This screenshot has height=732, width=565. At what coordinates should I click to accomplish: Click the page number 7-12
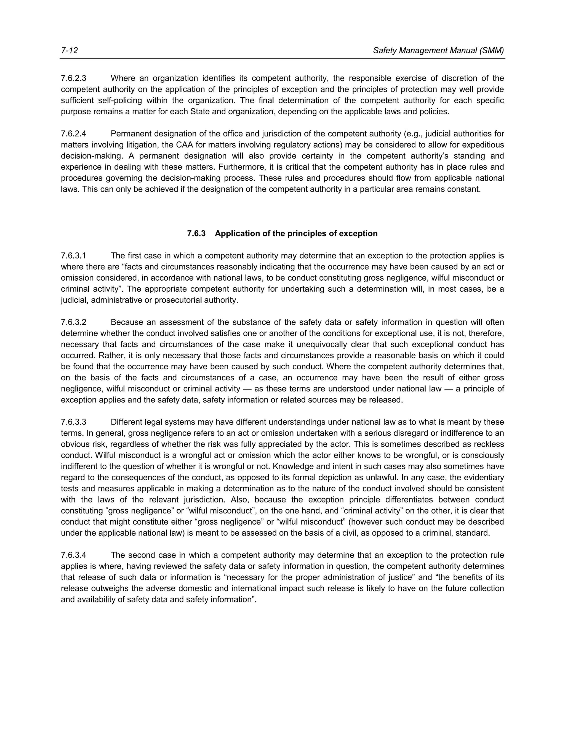69,51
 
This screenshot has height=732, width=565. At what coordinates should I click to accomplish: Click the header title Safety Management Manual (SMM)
438,51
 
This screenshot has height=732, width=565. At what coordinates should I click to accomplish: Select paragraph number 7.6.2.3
73,78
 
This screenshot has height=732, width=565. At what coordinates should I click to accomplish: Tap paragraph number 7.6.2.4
73,134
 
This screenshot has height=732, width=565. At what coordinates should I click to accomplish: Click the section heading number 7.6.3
196,234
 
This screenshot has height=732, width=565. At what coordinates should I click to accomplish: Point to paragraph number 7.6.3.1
73,256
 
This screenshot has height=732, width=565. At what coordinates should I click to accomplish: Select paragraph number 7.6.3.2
73,322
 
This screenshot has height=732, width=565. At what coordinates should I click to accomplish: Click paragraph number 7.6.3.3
73,422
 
